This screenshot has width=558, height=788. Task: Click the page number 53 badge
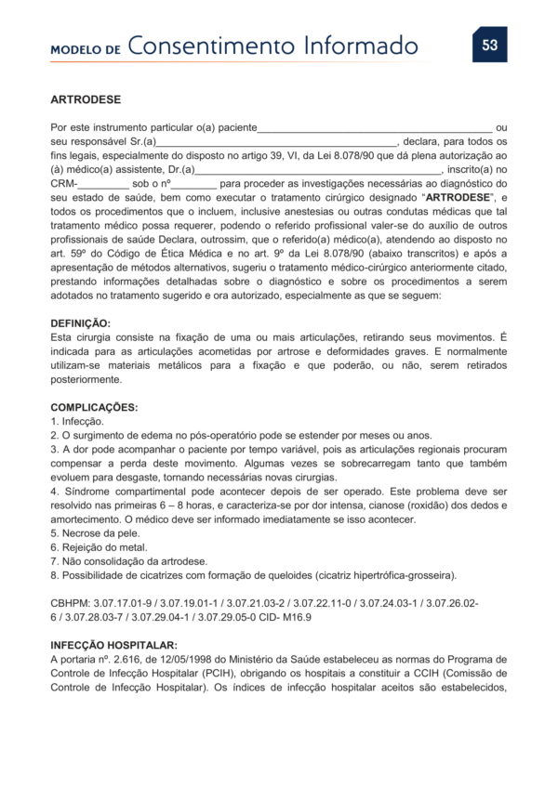[489, 44]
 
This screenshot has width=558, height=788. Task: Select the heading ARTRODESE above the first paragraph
[86, 98]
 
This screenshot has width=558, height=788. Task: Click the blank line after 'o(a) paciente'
[375, 127]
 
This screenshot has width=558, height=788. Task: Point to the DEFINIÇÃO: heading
[80, 322]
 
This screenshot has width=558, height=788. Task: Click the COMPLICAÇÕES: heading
[94, 407]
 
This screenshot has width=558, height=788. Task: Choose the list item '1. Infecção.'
[77, 422]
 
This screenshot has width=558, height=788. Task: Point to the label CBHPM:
[71, 603]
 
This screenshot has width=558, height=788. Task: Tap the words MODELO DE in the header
[86, 49]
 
